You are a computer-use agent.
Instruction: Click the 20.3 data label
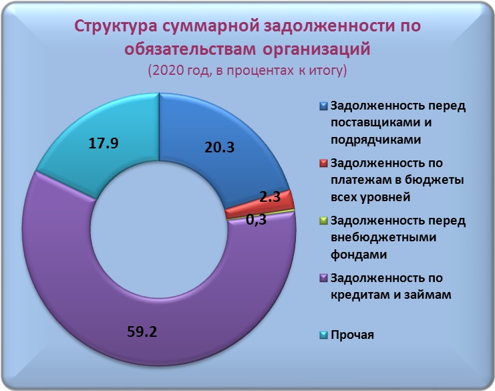219,148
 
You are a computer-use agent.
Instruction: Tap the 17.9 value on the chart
104,143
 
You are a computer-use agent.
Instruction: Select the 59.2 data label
142,332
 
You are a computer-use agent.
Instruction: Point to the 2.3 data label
270,197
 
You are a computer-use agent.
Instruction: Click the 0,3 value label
256,219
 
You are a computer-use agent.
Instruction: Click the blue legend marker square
323,106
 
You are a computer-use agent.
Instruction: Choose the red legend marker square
323,164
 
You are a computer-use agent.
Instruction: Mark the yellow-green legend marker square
323,221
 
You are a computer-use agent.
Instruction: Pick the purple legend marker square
323,278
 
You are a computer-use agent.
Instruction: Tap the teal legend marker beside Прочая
323,335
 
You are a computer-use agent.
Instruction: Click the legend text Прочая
352,335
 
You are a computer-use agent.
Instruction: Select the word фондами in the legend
359,254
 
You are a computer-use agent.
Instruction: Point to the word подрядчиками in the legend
375,140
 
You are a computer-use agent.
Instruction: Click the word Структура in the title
116,27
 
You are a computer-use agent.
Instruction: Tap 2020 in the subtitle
166,70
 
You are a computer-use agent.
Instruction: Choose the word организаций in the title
316,49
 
